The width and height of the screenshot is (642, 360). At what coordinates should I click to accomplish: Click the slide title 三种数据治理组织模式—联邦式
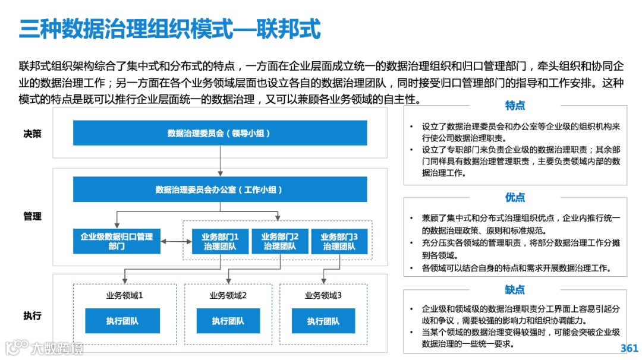[x=170, y=29]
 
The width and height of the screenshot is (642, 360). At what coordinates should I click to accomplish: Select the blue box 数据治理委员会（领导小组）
[x=220, y=133]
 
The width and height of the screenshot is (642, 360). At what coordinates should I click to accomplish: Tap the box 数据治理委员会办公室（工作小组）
[x=220, y=190]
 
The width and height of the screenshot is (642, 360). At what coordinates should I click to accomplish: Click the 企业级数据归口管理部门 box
[x=117, y=241]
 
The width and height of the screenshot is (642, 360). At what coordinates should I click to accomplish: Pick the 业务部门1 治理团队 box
[x=220, y=241]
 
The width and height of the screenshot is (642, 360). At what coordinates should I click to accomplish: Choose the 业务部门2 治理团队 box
[x=279, y=241]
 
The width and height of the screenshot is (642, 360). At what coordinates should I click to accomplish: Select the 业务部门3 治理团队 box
[x=339, y=241]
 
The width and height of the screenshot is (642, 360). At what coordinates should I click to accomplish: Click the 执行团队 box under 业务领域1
[x=123, y=321]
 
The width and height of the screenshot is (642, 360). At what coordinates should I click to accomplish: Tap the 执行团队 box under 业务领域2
[x=228, y=321]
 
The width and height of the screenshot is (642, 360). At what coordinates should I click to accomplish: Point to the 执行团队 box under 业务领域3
[x=323, y=321]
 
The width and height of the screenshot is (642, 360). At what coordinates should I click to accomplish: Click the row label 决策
[x=33, y=134]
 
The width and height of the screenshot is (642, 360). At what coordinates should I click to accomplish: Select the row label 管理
[x=33, y=216]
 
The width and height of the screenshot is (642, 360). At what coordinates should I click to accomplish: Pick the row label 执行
[x=33, y=315]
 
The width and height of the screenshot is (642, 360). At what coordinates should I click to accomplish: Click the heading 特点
[x=515, y=106]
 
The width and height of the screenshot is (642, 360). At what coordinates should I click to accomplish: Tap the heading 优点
[x=515, y=197]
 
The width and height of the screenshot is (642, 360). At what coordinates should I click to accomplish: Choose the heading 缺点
[x=515, y=289]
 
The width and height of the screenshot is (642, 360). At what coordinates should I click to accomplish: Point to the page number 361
[x=628, y=348]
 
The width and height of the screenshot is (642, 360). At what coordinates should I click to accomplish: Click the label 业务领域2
[x=228, y=295]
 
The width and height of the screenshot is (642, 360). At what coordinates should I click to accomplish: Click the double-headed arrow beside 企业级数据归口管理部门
[x=172, y=241]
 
